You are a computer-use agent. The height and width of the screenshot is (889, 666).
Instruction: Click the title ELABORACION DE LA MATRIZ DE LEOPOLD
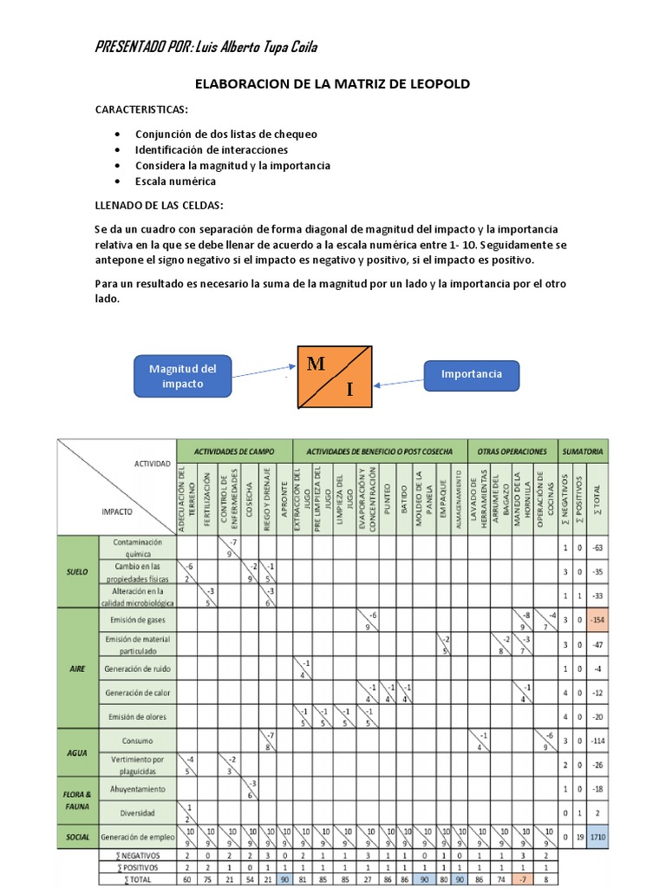(x=332, y=84)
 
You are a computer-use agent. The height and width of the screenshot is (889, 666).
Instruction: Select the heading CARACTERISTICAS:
(x=141, y=111)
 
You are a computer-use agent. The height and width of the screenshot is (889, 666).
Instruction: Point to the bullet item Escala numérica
(x=175, y=181)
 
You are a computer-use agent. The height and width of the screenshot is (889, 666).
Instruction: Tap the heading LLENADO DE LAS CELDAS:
(x=159, y=205)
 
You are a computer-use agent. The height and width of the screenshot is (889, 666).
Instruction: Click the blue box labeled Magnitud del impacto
(x=182, y=376)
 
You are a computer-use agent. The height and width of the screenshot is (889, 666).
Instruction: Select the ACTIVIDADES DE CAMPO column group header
(x=234, y=451)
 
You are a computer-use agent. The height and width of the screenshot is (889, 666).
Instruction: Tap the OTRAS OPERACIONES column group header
(x=512, y=451)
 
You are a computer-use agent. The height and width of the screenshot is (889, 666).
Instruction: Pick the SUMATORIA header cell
(x=583, y=451)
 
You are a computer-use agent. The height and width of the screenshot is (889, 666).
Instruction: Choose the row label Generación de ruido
(x=137, y=668)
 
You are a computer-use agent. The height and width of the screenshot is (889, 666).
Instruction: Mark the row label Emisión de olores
(x=137, y=717)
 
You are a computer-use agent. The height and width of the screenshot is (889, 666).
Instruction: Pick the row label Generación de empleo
(x=137, y=838)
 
